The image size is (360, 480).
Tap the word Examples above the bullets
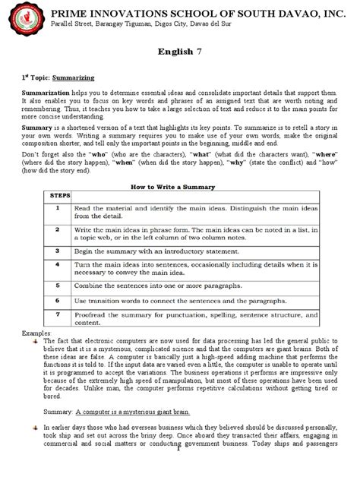tap(36, 333)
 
